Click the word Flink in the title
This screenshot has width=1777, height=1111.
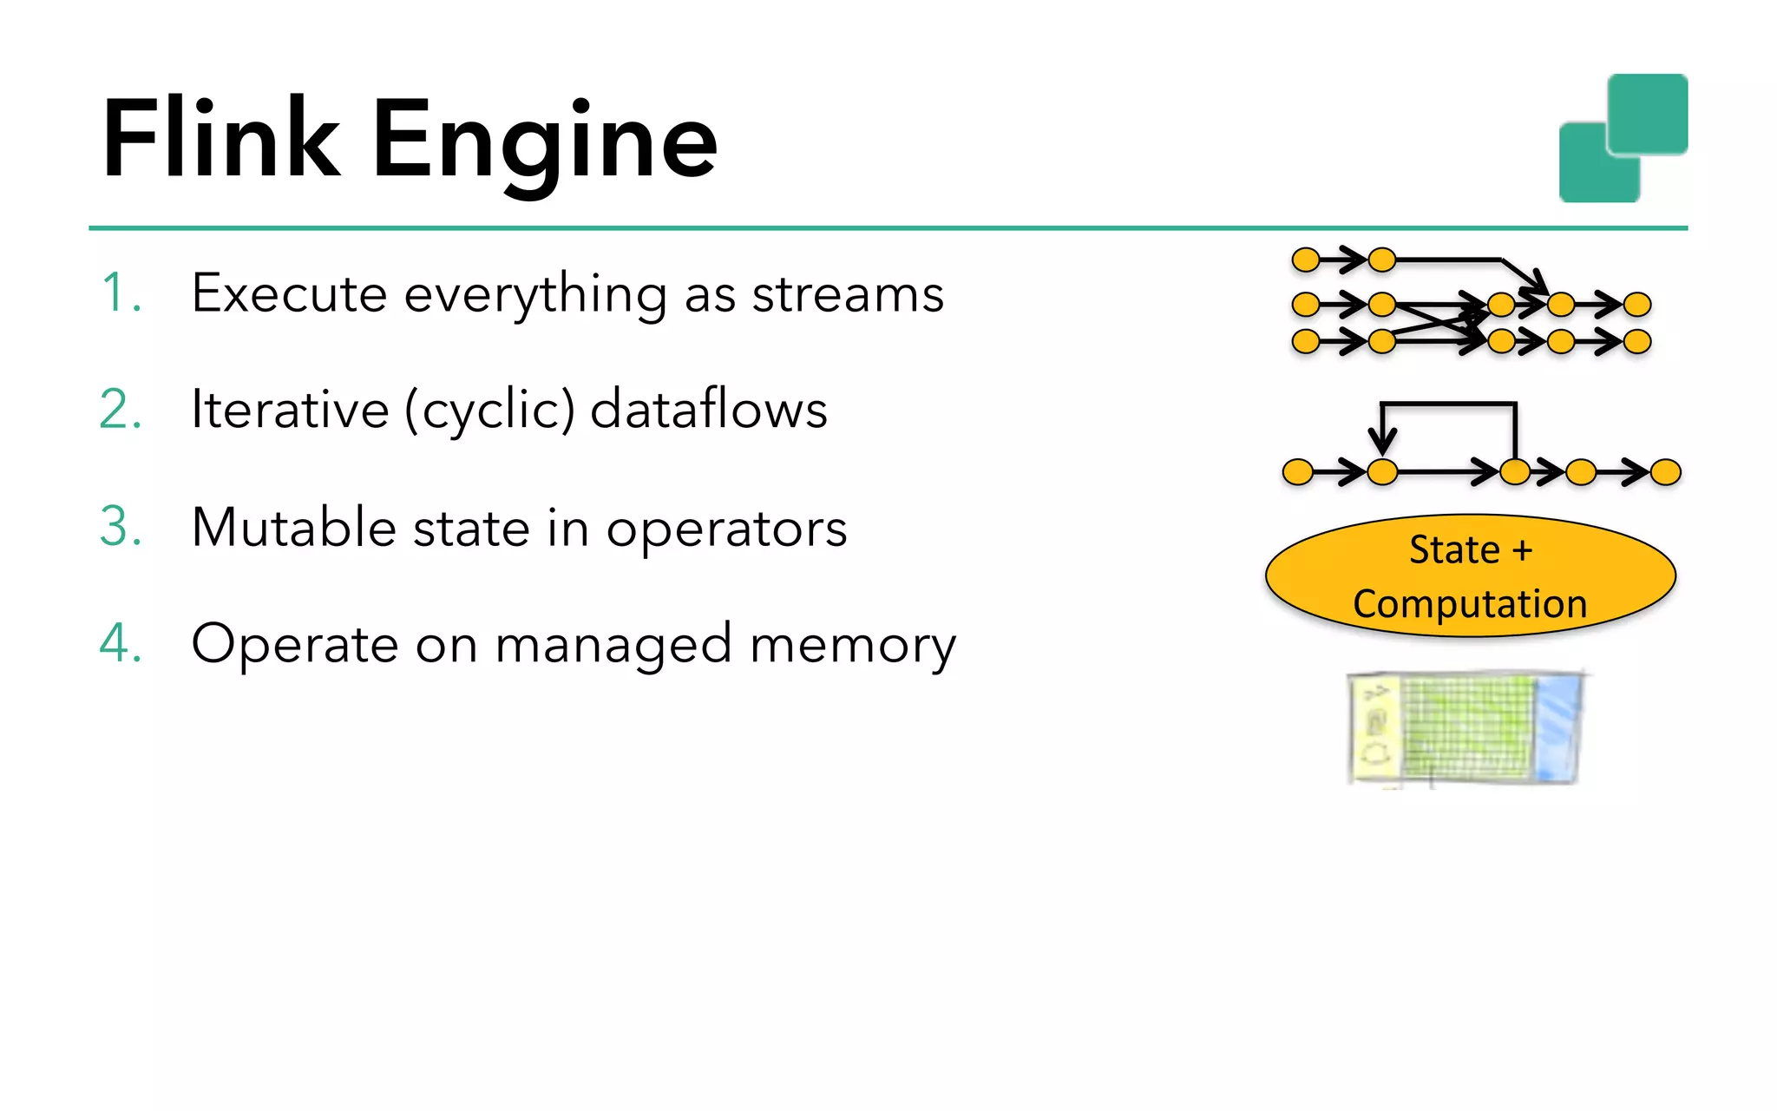pos(221,139)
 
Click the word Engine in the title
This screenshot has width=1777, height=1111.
pos(545,143)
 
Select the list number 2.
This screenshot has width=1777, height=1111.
pos(120,409)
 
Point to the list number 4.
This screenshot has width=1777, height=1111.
pos(120,643)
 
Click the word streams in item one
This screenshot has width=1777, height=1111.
pos(848,295)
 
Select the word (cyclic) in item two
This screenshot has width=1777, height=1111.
pos(489,411)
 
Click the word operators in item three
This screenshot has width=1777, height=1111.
pos(726,530)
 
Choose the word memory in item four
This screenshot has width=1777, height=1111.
pos(853,647)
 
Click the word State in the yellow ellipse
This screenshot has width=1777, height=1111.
pos(1454,549)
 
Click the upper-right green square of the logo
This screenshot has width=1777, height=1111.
pos(1647,114)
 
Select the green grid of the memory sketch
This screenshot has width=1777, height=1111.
pos(1466,727)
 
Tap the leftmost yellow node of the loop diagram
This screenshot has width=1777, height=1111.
pos(1298,472)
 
